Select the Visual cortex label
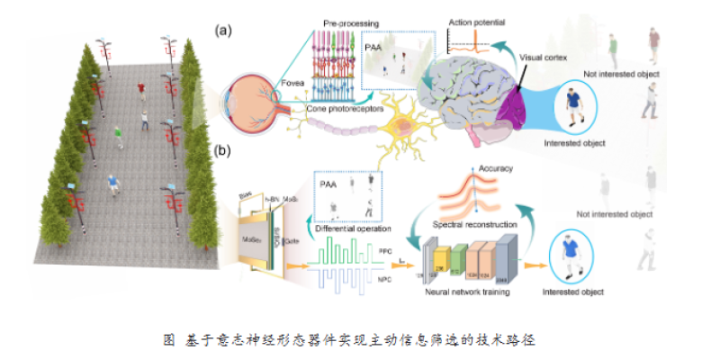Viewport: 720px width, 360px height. [x=544, y=56]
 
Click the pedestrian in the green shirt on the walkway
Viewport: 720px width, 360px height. [x=119, y=135]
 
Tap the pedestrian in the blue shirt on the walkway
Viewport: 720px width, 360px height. [x=112, y=185]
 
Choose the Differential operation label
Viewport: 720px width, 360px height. [x=346, y=229]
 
